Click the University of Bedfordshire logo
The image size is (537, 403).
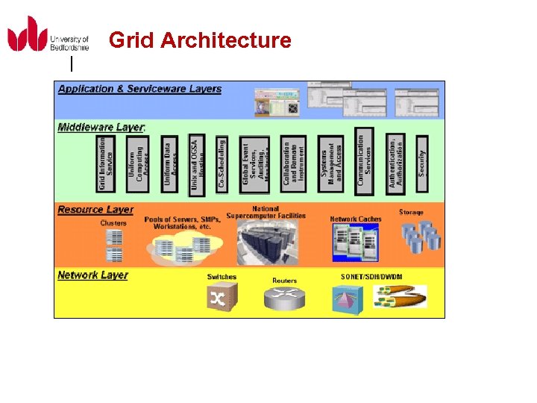pyautogui.click(x=48, y=34)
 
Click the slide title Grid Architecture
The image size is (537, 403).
pyautogui.click(x=200, y=40)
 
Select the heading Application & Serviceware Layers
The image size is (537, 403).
pyautogui.click(x=139, y=89)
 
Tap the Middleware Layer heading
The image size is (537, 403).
pyautogui.click(x=101, y=127)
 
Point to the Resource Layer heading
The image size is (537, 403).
pyautogui.click(x=95, y=210)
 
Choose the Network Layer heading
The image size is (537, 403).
pyautogui.click(x=92, y=275)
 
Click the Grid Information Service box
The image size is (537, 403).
pyautogui.click(x=107, y=163)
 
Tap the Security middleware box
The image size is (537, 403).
pyautogui.click(x=421, y=157)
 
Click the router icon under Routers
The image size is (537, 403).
pyautogui.click(x=284, y=299)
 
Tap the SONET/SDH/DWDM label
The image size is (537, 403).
pyautogui.click(x=371, y=277)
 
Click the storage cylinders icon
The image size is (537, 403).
pyautogui.click(x=422, y=237)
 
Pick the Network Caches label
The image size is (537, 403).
pyautogui.click(x=356, y=219)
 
